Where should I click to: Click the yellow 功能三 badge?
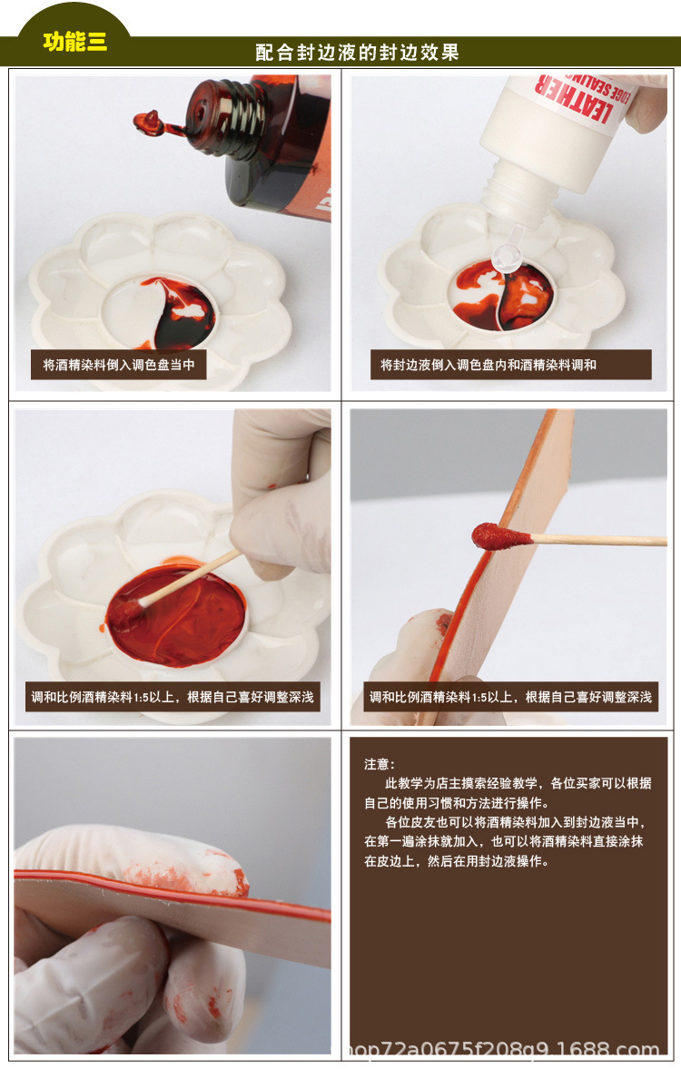click(x=74, y=42)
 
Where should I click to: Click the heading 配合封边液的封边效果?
click(x=357, y=53)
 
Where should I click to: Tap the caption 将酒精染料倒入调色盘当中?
click(x=119, y=365)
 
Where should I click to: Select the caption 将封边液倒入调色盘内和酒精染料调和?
click(x=489, y=365)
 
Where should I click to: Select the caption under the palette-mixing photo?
click(x=173, y=697)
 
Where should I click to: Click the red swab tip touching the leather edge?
click(x=490, y=536)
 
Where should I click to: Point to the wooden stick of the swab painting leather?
click(x=599, y=541)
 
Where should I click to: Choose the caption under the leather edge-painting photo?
click(x=510, y=697)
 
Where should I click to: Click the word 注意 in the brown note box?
click(x=380, y=764)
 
